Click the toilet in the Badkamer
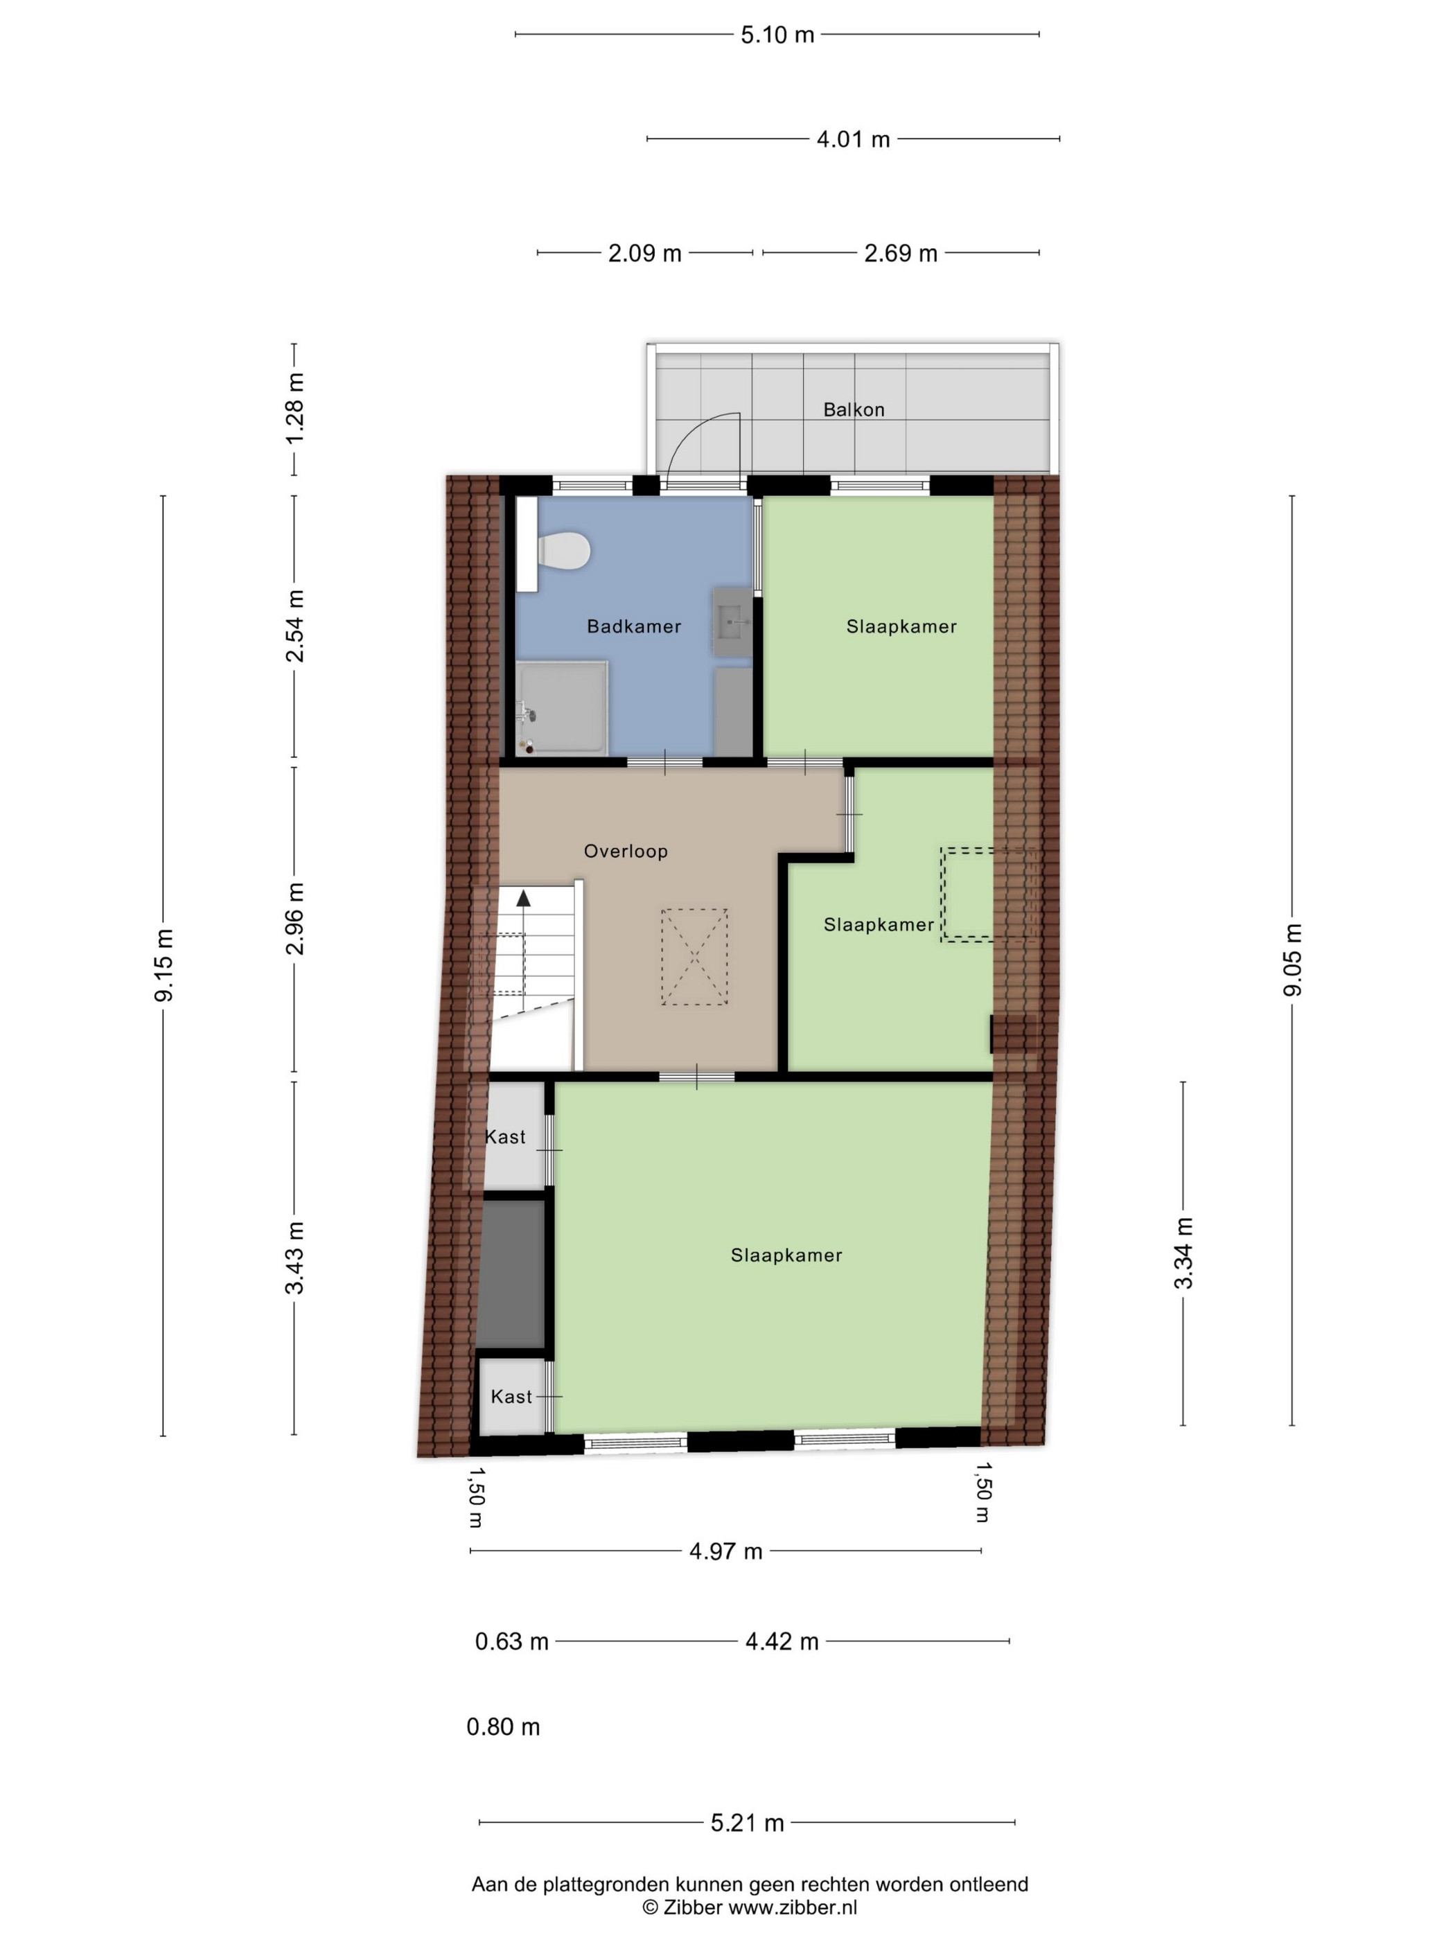coord(562,551)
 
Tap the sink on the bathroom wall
coord(732,621)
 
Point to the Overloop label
coord(626,851)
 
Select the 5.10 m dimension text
coord(777,35)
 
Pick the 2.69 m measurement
coord(901,254)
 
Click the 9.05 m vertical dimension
coord(1293,960)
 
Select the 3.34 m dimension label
coord(1183,1253)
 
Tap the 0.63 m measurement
coord(511,1641)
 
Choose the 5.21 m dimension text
coord(747,1822)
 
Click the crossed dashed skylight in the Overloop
coord(694,957)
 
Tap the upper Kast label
coord(505,1137)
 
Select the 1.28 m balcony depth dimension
coord(294,408)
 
